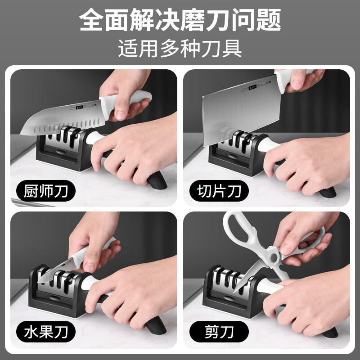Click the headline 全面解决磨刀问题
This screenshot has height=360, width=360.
pos(180,20)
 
